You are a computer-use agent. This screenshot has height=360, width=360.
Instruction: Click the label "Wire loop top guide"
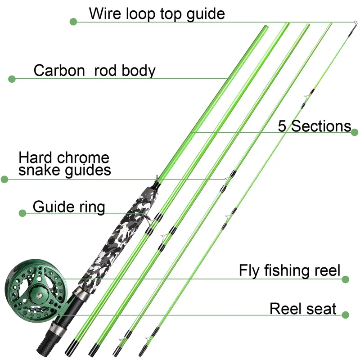157,13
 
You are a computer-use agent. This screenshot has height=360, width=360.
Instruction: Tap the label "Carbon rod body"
94,71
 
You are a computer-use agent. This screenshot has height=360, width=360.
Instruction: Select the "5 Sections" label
314,126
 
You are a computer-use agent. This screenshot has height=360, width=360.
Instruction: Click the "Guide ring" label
69,207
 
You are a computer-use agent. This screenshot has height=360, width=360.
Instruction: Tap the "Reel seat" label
303,309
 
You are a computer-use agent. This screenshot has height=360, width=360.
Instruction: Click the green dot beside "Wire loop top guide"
74,21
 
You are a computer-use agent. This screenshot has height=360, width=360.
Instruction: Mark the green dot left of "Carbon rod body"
12,79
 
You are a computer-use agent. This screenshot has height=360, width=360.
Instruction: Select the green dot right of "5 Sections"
355,132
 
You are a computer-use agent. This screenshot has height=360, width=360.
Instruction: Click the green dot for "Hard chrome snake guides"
4,179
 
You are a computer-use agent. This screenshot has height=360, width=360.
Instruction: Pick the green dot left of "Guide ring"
22,212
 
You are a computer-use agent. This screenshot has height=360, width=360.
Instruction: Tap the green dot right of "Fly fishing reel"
346,279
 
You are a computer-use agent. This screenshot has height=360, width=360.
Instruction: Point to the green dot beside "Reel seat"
346,315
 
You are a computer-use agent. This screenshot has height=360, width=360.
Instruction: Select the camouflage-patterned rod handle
119,238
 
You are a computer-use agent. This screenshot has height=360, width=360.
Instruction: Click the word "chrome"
84,158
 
